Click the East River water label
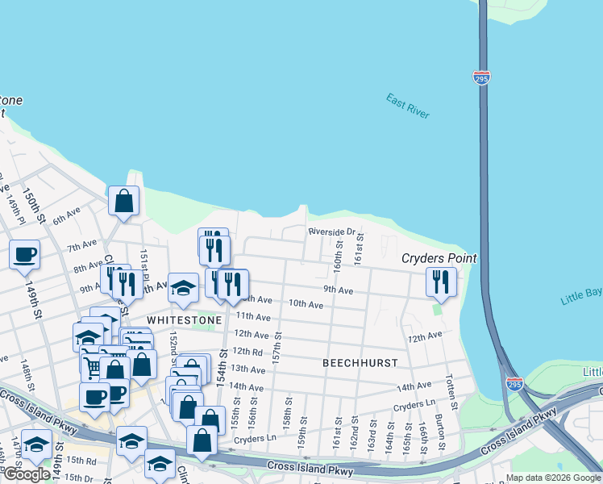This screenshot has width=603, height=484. [x=407, y=106]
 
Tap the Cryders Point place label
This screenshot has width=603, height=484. [x=439, y=258]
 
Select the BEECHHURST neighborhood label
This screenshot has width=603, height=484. [x=360, y=363]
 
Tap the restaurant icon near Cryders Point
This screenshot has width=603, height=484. [x=440, y=282]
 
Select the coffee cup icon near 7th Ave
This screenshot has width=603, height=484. [x=24, y=254]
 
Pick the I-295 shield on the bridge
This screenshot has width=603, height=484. [x=480, y=78]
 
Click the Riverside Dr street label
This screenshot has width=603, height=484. [x=331, y=232]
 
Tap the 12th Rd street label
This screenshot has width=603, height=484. [x=247, y=352]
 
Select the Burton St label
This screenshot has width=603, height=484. [x=439, y=432]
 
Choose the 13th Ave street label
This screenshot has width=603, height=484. [x=247, y=369]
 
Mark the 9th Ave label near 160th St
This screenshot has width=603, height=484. [x=339, y=290]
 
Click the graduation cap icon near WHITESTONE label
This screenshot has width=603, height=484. [x=183, y=287]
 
